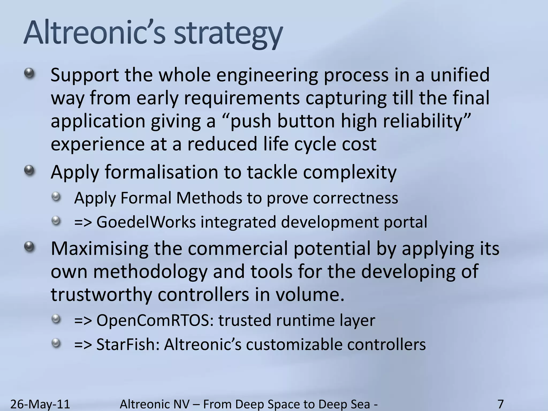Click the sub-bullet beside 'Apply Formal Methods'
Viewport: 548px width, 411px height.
56,197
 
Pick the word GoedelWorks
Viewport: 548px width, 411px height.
146,222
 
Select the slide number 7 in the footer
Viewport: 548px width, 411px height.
501,404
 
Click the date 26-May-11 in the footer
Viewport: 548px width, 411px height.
40,404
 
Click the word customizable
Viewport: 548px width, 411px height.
294,344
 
